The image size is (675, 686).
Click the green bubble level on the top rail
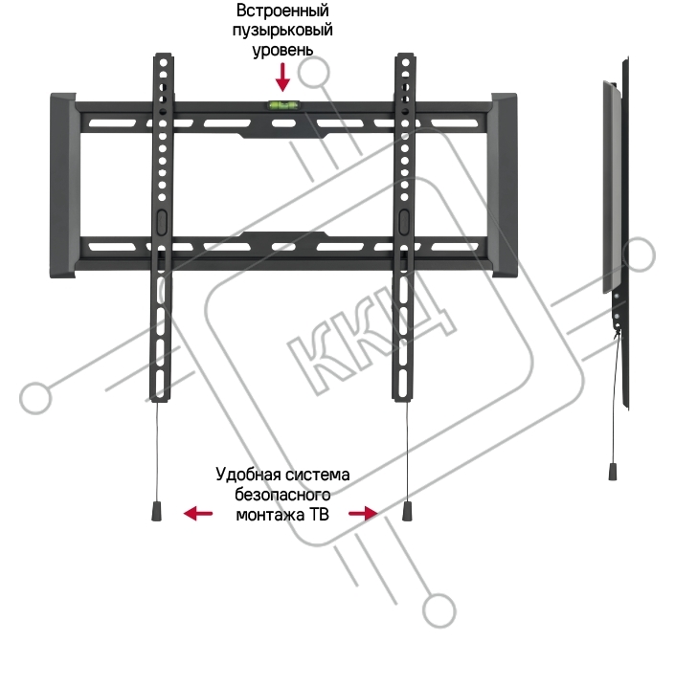click(282, 104)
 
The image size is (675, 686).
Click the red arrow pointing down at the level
click(282, 77)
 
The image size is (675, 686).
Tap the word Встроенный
click(282, 11)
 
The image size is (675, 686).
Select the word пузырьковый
click(282, 31)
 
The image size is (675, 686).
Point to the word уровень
click(282, 50)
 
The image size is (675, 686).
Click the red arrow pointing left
click(198, 513)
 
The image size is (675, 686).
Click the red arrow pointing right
click(363, 513)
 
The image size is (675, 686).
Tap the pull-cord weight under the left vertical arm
click(157, 511)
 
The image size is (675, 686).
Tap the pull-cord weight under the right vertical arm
click(408, 511)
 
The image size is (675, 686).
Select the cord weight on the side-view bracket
click(613, 471)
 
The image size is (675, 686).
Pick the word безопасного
click(282, 495)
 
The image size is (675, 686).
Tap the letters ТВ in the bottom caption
click(319, 515)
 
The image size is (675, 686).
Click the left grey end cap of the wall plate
click(63, 186)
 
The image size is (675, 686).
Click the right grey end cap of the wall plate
click(504, 186)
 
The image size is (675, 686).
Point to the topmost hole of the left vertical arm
click(164, 63)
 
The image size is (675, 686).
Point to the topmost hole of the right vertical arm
click(405, 63)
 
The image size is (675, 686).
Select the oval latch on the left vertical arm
click(161, 221)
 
